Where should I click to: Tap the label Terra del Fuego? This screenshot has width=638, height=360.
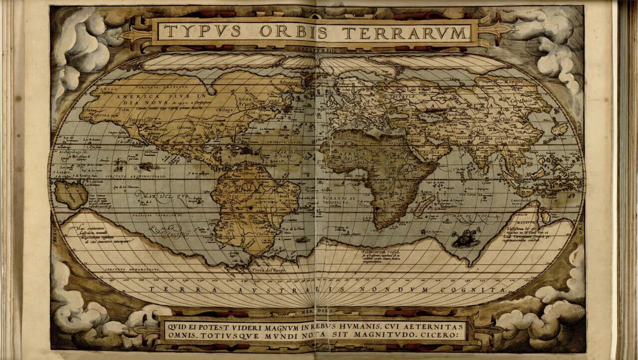[x=269, y=270]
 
